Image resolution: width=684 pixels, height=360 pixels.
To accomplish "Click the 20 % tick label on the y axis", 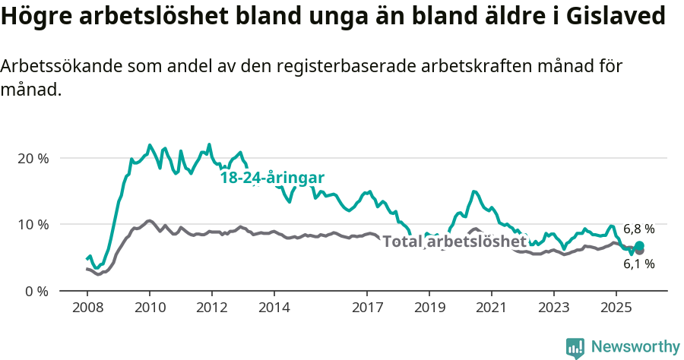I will click(x=33, y=158).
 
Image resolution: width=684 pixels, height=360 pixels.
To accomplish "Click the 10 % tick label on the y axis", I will click(x=33, y=224).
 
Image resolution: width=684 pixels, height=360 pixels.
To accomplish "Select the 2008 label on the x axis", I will click(x=87, y=308).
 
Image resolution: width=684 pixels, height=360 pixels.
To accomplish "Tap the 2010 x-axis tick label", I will click(x=149, y=308).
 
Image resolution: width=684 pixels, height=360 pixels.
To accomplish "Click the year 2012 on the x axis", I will click(x=211, y=308).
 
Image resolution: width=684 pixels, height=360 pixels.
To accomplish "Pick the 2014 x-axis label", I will click(x=274, y=308).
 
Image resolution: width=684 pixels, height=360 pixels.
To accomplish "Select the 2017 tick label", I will click(x=367, y=308).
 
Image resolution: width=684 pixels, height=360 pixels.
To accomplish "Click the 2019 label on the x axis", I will click(x=429, y=308).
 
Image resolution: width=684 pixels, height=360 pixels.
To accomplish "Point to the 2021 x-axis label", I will click(x=492, y=308).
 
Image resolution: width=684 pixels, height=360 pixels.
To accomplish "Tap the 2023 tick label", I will click(x=553, y=308).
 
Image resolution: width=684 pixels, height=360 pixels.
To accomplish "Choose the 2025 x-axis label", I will click(x=616, y=308).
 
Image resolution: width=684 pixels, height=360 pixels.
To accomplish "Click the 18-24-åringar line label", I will click(x=272, y=178).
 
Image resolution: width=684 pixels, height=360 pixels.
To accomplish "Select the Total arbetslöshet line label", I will click(x=454, y=242).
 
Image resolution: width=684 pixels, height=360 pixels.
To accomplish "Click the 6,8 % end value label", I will click(x=638, y=229).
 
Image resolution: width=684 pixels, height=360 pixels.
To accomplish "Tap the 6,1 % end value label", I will click(x=638, y=264).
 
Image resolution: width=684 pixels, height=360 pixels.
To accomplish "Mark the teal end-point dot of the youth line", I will click(x=639, y=245).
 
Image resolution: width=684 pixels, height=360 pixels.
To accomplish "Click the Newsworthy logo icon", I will click(x=575, y=347).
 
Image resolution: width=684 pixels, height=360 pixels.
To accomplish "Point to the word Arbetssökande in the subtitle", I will click(x=58, y=66).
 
